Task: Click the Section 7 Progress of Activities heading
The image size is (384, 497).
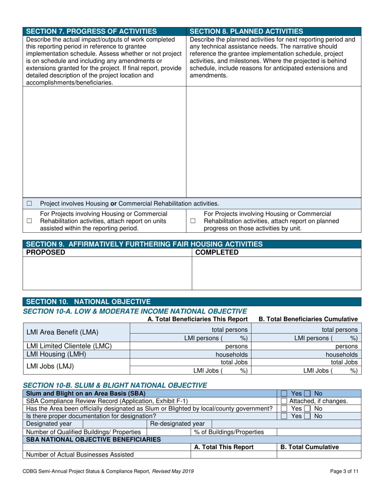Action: [91, 31]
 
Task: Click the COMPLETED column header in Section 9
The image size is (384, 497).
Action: [217, 253]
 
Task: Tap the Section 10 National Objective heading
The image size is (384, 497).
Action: [88, 301]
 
